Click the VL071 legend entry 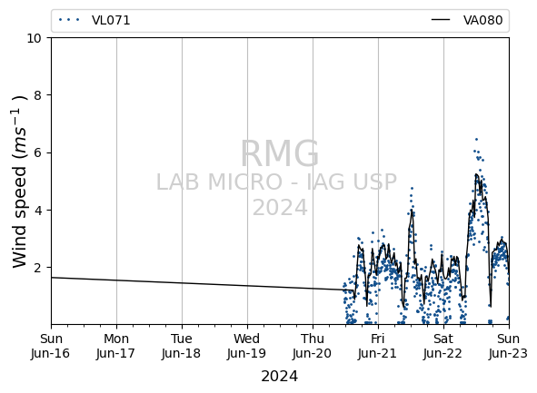point(94,20)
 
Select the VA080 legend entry point(467,20)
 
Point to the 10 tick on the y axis point(34,38)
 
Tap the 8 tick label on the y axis point(37,95)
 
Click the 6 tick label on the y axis point(37,152)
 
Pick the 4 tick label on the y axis point(37,210)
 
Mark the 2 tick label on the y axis point(37,267)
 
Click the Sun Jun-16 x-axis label point(51,346)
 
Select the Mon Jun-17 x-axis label point(116,346)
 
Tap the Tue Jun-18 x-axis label point(182,346)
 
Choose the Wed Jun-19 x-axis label point(247,346)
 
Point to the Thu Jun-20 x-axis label point(313,346)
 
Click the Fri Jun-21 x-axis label point(378,346)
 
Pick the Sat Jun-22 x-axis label point(443,346)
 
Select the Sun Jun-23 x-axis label point(509,346)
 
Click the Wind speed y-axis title point(19,182)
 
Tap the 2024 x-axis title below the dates point(280,377)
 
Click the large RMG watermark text point(280,153)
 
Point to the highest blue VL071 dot point(476,139)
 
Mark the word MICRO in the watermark point(245,182)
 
